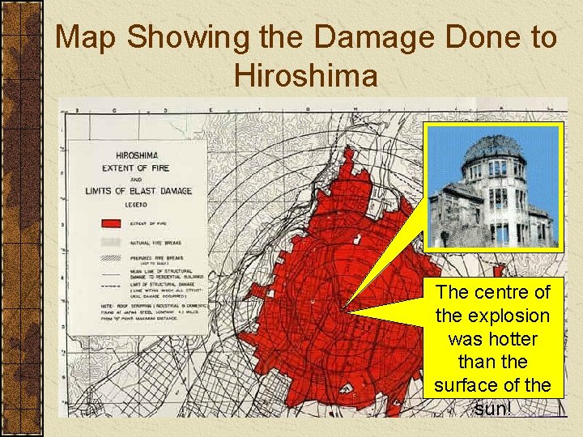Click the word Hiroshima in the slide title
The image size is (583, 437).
[305, 75]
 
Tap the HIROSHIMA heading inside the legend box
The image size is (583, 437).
[138, 155]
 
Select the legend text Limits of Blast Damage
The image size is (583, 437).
[138, 190]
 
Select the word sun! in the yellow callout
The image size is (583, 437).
[492, 408]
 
